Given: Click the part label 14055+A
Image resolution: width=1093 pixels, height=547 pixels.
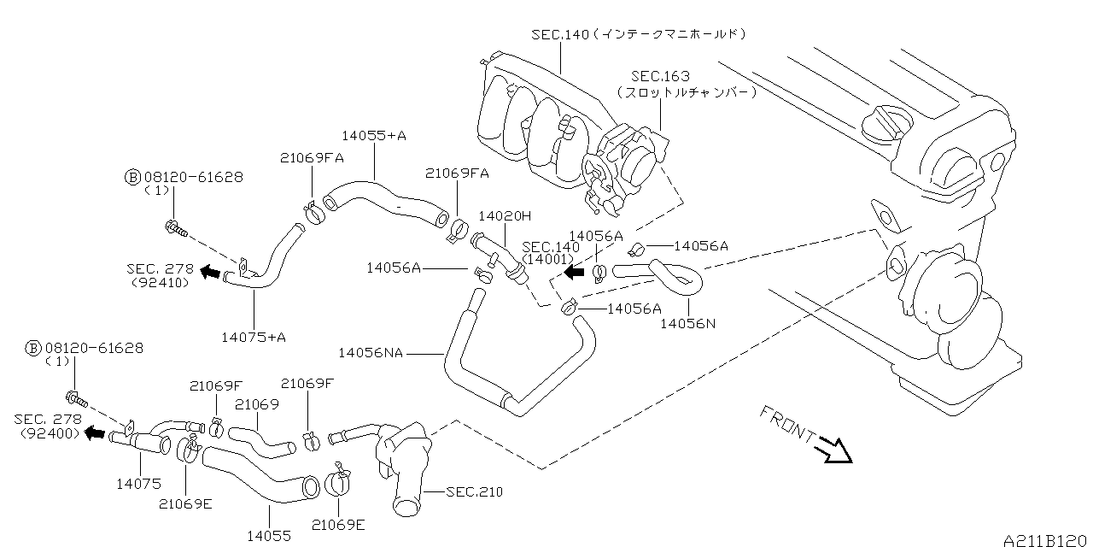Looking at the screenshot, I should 374,136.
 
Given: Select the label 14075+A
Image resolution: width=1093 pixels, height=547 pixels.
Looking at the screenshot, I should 253,337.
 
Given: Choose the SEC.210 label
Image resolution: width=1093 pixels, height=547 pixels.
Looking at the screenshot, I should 474,492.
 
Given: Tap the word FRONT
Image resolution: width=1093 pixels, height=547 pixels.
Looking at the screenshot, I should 786,424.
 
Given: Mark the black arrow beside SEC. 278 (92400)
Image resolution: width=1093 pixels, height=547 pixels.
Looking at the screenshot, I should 96,433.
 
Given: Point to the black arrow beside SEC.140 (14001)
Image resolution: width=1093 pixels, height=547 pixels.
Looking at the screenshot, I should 574,272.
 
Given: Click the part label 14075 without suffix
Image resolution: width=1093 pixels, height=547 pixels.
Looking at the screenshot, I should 138,484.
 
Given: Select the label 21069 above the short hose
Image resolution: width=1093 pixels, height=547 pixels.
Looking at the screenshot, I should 257,404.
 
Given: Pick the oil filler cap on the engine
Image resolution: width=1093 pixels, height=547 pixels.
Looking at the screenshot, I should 883,126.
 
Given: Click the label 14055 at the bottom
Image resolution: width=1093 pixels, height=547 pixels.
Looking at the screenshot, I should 270,536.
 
